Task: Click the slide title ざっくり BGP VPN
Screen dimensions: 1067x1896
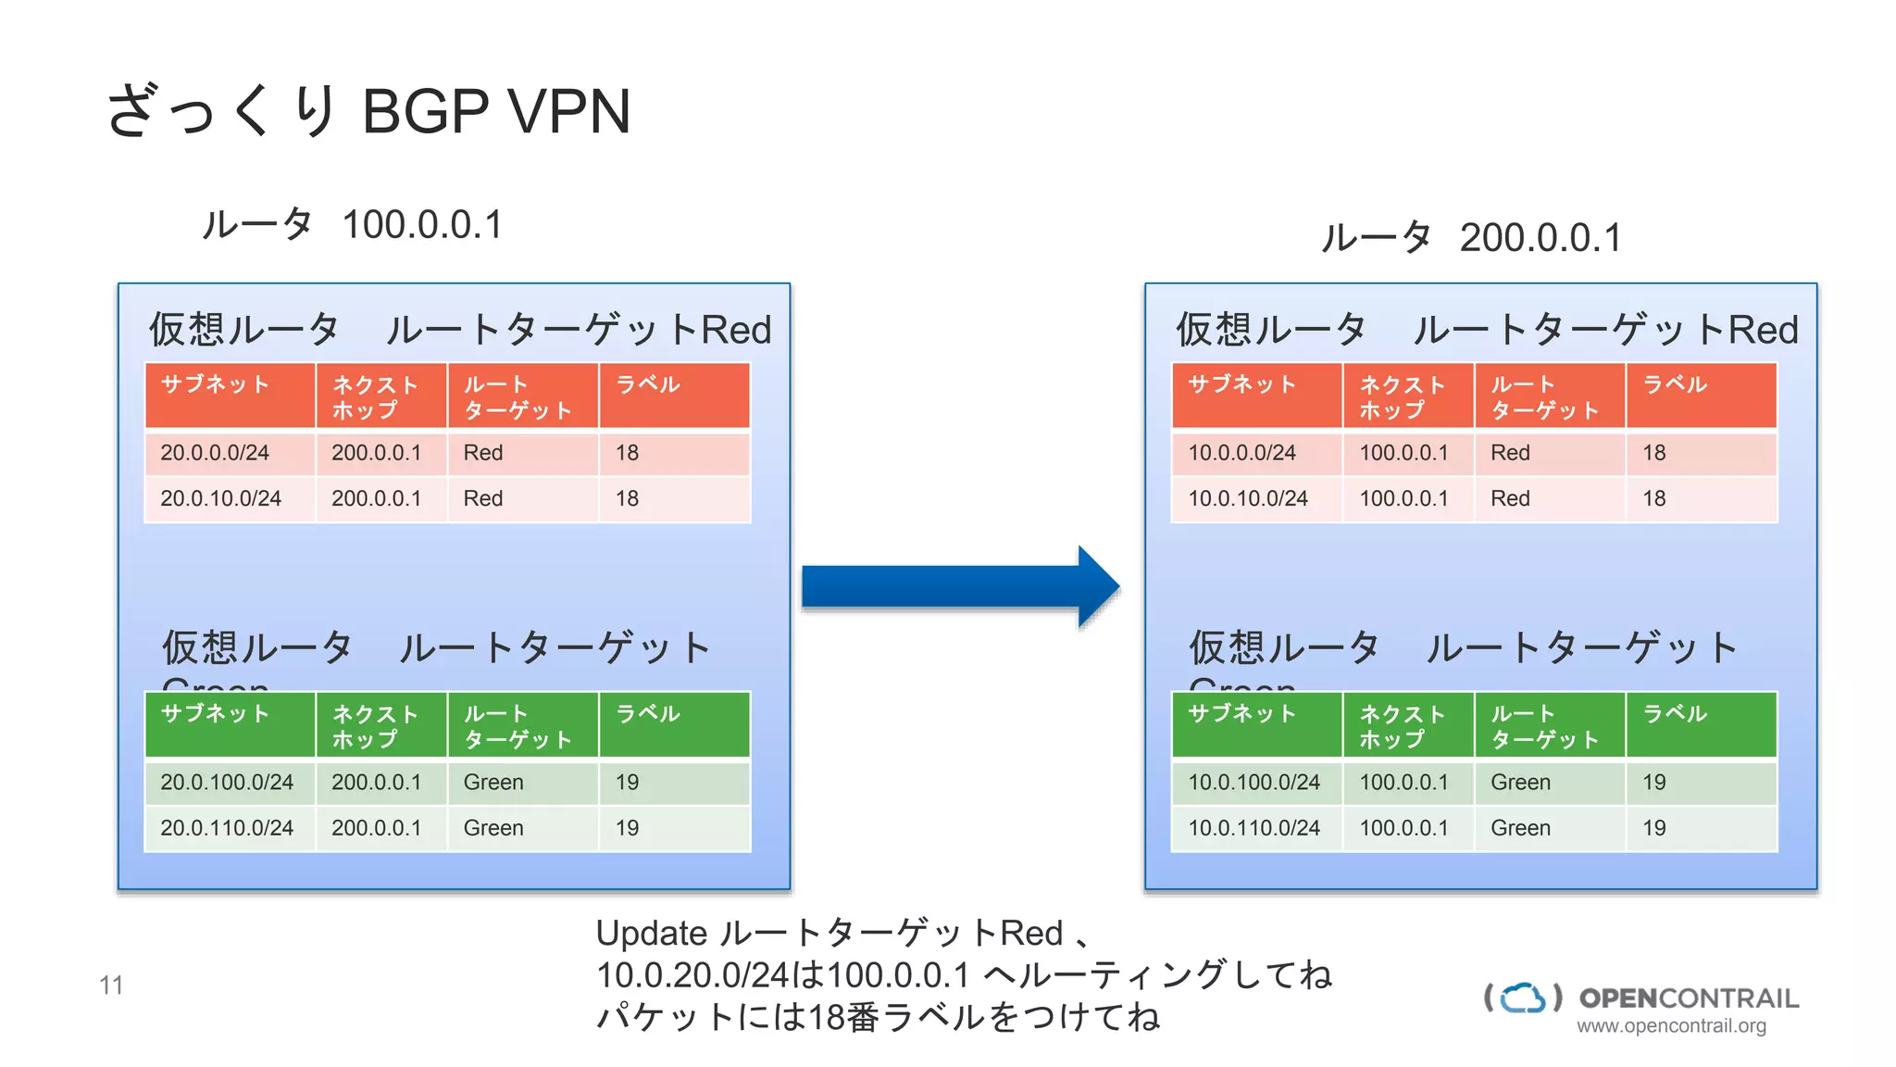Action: (368, 111)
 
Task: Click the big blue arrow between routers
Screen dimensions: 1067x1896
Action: (958, 587)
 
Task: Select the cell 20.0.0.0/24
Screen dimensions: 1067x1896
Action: (215, 453)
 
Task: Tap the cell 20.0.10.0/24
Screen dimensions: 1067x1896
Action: (220, 498)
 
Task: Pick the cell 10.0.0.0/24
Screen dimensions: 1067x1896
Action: (1241, 453)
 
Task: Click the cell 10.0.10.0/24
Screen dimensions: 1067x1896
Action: (1247, 498)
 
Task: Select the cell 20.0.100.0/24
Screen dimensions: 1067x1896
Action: (227, 783)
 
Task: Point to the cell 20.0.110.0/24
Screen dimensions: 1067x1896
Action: (227, 828)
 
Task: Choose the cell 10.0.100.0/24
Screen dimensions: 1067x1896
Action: (1254, 783)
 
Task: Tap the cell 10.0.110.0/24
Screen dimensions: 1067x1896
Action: (1254, 828)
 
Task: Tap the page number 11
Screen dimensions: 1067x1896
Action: (111, 985)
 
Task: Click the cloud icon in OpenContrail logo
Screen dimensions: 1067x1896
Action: (1523, 998)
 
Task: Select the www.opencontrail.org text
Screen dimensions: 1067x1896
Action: (1671, 1026)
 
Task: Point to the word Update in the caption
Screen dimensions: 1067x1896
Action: (651, 934)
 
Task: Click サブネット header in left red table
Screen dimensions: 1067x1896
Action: (215, 384)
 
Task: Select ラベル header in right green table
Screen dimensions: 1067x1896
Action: (1675, 714)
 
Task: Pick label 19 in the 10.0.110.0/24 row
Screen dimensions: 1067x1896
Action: (1654, 828)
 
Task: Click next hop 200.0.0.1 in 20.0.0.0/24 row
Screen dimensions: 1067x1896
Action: (376, 453)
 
